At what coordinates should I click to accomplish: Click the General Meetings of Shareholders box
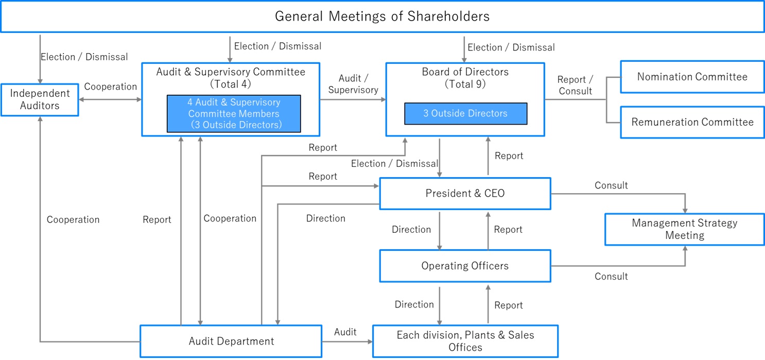[x=382, y=16]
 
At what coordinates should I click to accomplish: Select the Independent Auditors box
[x=40, y=100]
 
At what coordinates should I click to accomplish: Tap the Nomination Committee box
[x=692, y=77]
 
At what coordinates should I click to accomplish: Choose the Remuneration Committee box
[x=692, y=122]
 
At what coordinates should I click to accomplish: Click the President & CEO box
[x=465, y=193]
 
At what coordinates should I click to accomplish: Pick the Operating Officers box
[x=465, y=266]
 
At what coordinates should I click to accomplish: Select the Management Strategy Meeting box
[x=685, y=230]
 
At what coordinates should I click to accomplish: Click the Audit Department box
[x=231, y=341]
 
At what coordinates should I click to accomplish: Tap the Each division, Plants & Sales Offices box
[x=465, y=341]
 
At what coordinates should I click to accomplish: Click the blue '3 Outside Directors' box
[x=466, y=113]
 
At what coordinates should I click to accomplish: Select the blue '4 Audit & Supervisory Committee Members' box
[x=234, y=113]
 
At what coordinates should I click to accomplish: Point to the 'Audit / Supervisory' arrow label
[x=353, y=84]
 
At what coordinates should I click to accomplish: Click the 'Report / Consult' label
[x=575, y=85]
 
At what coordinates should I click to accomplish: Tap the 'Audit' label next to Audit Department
[x=345, y=332]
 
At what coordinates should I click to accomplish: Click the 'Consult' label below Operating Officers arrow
[x=611, y=277]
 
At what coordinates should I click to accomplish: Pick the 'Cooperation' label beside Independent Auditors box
[x=111, y=87]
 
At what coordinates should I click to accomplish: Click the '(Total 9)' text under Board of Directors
[x=465, y=84]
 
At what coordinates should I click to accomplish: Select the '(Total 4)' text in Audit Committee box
[x=231, y=84]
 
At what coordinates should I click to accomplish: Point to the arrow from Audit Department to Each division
[x=347, y=341]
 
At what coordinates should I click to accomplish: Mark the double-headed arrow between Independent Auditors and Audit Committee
[x=110, y=100]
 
